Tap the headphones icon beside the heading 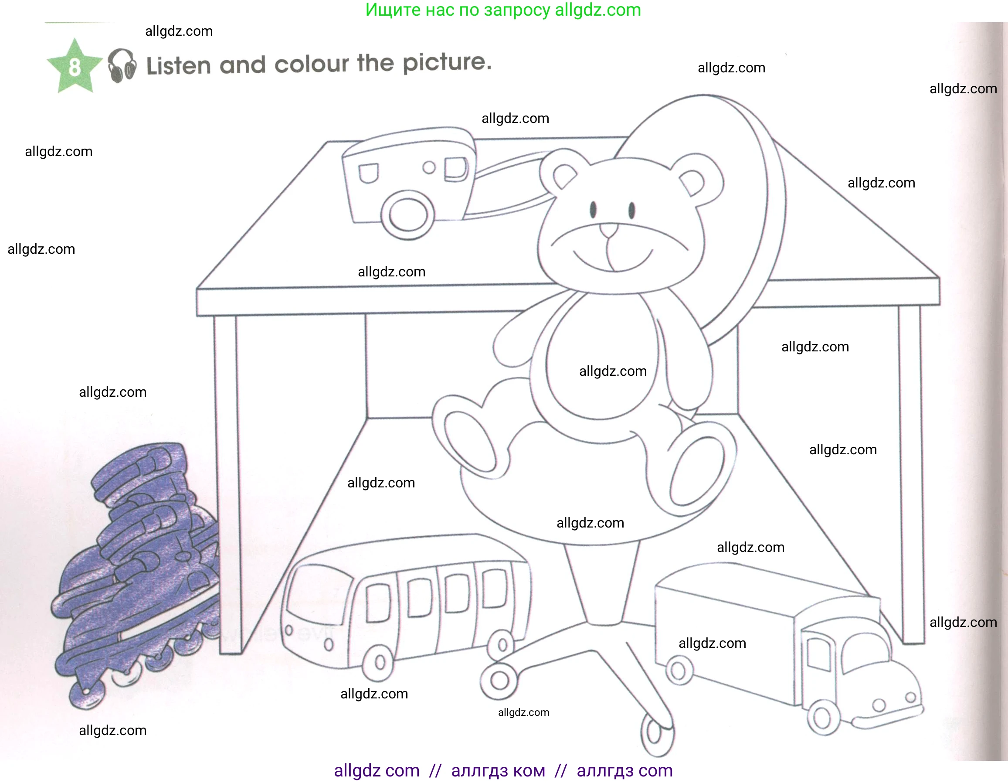point(122,65)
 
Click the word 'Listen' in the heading point(179,65)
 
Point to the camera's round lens point(408,214)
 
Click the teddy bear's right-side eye point(632,210)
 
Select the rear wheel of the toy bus point(502,644)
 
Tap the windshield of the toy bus point(314,596)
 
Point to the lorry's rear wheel point(678,671)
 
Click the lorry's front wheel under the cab point(822,717)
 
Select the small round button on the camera point(429,167)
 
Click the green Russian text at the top point(503,10)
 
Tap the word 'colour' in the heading point(312,64)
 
